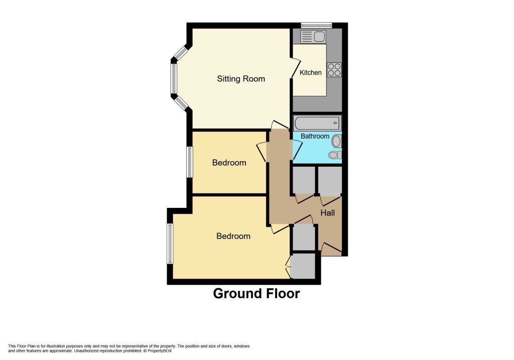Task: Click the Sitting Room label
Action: [x=241, y=79]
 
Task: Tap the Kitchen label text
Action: [x=311, y=72]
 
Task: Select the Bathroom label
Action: [x=315, y=136]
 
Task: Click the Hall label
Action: [x=327, y=213]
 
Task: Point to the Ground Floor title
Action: [x=256, y=293]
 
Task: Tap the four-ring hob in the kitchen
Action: [x=334, y=69]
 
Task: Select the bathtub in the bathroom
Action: [x=317, y=124]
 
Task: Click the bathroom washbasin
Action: [x=337, y=141]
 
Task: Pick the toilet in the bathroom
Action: [x=335, y=155]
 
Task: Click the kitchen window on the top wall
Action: [x=317, y=25]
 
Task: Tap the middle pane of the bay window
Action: [x=173, y=79]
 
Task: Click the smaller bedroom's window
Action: [x=189, y=162]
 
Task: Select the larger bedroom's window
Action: [x=170, y=244]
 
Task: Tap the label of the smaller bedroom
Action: [x=229, y=163]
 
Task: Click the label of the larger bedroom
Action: [x=233, y=236]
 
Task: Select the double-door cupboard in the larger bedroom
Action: [x=303, y=266]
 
